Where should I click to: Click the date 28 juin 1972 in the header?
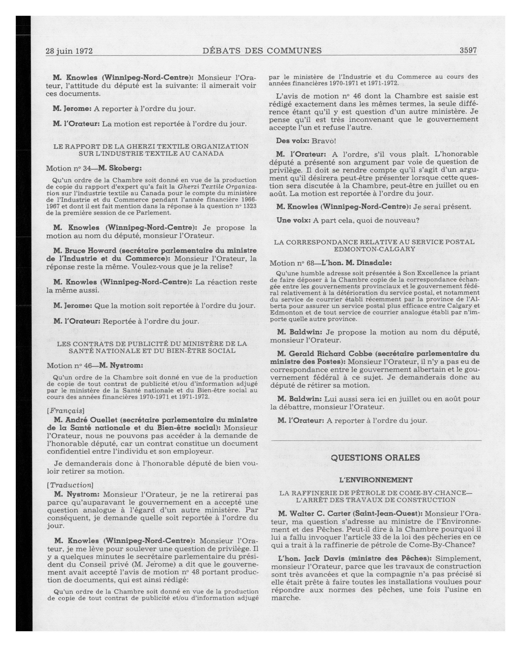point(69,51)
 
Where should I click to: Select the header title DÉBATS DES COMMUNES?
point(262,50)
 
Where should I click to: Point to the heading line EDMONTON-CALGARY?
point(374,249)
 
